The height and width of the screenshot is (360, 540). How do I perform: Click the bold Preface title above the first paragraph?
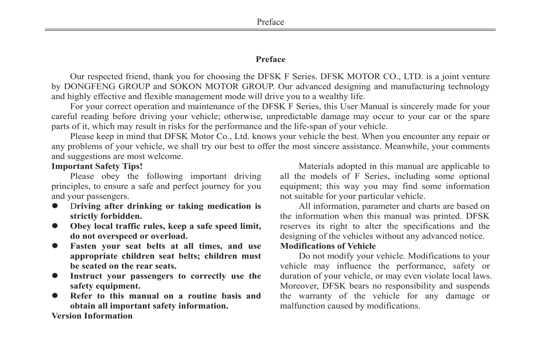point(270,60)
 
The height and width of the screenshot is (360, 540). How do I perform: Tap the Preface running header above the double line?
point(270,22)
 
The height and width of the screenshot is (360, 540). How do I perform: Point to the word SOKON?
point(189,86)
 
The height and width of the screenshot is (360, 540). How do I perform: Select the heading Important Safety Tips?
point(97,166)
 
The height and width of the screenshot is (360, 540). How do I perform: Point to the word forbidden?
point(122,216)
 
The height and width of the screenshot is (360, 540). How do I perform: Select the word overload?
point(169,236)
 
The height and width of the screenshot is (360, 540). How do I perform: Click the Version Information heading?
point(92,316)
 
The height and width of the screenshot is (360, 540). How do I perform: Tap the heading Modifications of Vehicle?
point(328,246)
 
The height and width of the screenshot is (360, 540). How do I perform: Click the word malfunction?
point(301,306)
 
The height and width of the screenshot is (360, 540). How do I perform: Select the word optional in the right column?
point(473,176)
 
